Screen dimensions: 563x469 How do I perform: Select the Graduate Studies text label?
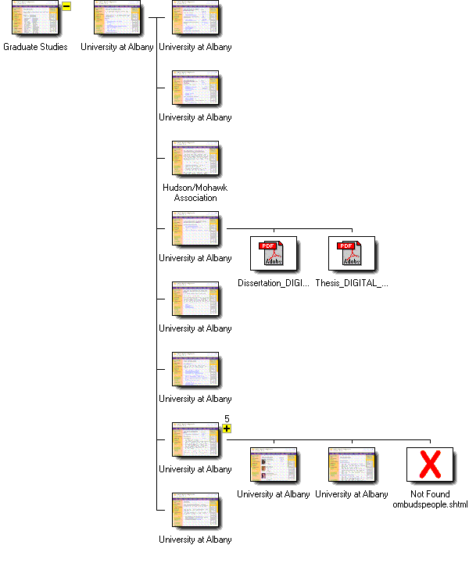(x=35, y=47)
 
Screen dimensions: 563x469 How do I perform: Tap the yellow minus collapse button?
(x=66, y=6)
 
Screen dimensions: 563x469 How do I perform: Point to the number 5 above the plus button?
(x=227, y=419)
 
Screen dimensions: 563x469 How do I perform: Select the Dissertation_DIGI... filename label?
(x=273, y=283)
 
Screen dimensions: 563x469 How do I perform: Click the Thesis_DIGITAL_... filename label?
(x=351, y=283)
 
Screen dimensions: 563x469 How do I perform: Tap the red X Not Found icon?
(x=429, y=465)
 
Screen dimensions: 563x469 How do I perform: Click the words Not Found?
(x=429, y=494)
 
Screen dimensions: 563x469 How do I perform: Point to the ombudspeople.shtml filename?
(x=429, y=504)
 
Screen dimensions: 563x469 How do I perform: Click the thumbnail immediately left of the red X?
(x=351, y=464)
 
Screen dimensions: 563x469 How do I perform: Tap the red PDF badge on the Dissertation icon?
(x=268, y=246)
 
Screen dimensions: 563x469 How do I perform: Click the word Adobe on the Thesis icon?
(x=346, y=263)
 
